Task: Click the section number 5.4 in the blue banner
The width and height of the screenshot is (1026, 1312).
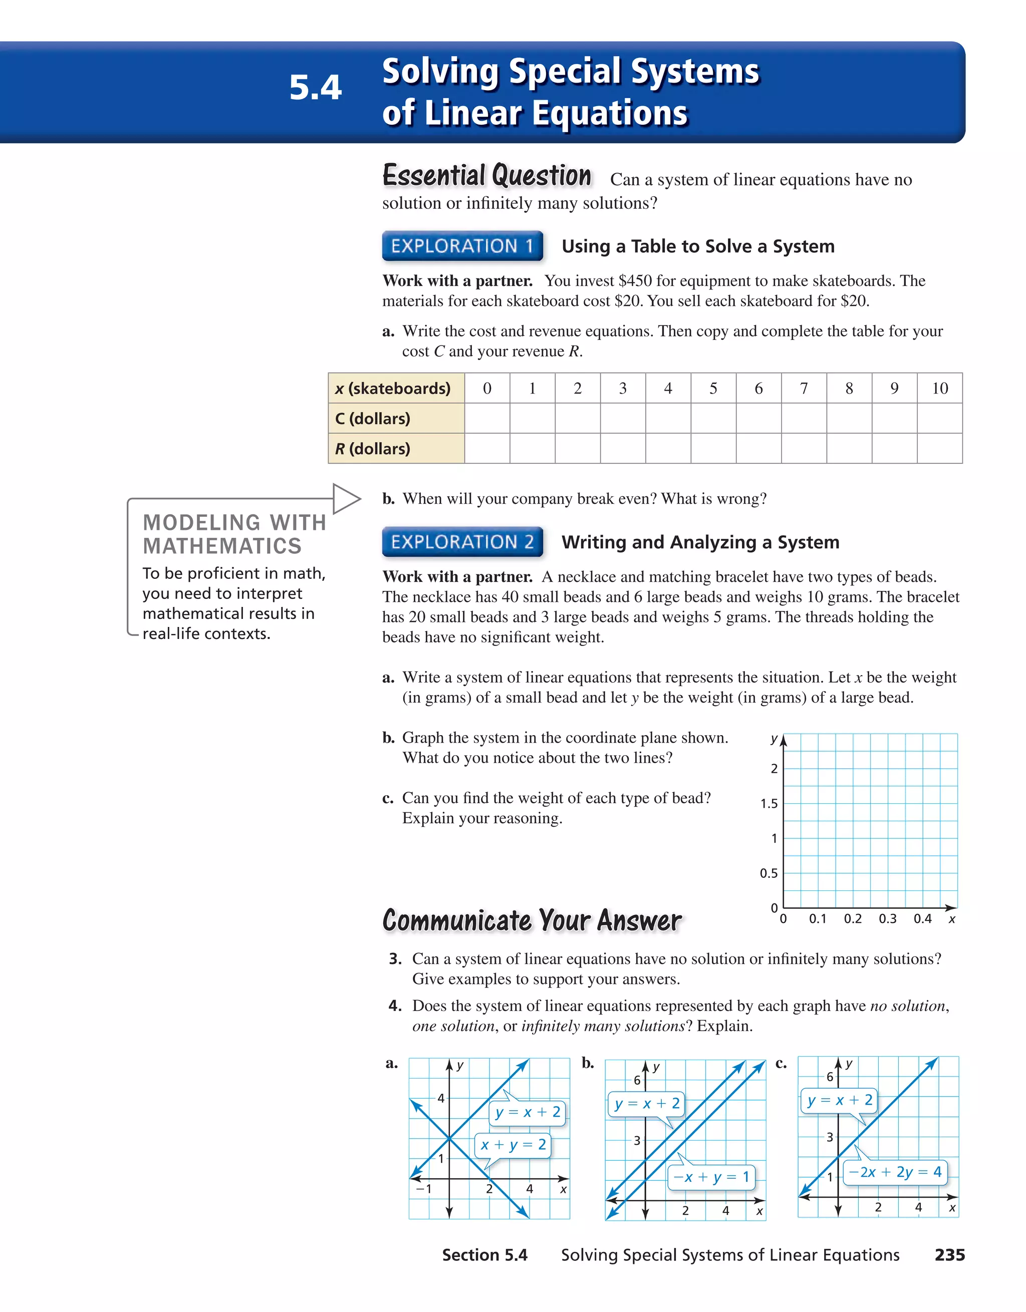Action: [315, 88]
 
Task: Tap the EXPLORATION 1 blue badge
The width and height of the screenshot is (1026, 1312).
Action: [462, 246]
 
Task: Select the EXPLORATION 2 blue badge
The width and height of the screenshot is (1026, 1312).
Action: [462, 542]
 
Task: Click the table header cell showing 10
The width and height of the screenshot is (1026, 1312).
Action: [939, 388]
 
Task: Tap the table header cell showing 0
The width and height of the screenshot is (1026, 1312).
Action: [487, 388]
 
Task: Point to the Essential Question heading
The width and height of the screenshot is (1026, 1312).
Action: [487, 176]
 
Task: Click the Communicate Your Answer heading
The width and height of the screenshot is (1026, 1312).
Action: [532, 920]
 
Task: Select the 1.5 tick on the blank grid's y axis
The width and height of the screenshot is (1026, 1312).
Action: [769, 804]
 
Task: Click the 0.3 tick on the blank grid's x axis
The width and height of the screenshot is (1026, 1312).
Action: [887, 918]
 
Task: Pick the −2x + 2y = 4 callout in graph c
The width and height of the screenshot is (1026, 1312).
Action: [895, 1172]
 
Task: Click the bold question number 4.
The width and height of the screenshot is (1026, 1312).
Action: [395, 1006]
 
